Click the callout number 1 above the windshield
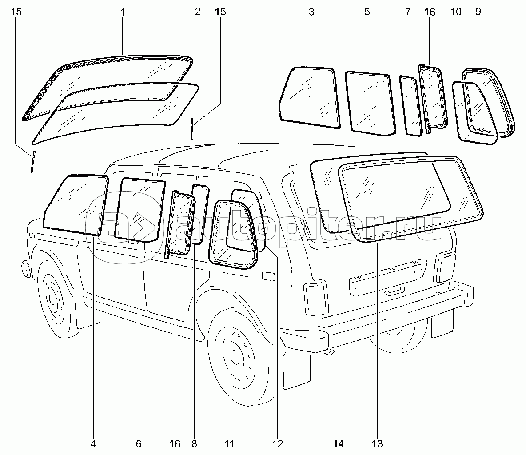click(x=123, y=12)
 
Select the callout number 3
click(x=311, y=12)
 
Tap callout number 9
click(x=478, y=12)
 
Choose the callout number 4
click(x=94, y=443)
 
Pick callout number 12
click(x=278, y=443)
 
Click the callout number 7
click(x=408, y=12)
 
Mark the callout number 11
click(x=229, y=443)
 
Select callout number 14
click(x=339, y=443)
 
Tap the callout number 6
click(x=138, y=443)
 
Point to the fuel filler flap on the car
click(x=268, y=277)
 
